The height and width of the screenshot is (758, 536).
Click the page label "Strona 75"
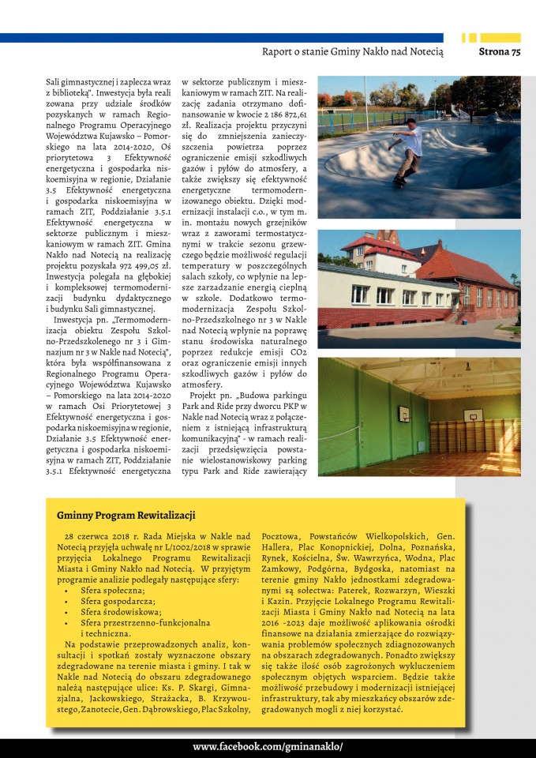pos(500,52)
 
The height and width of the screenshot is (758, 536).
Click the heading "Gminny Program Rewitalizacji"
pos(126,516)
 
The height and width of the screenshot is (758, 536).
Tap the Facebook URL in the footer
pos(268,746)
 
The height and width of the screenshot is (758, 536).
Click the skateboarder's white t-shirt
pos(413,142)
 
